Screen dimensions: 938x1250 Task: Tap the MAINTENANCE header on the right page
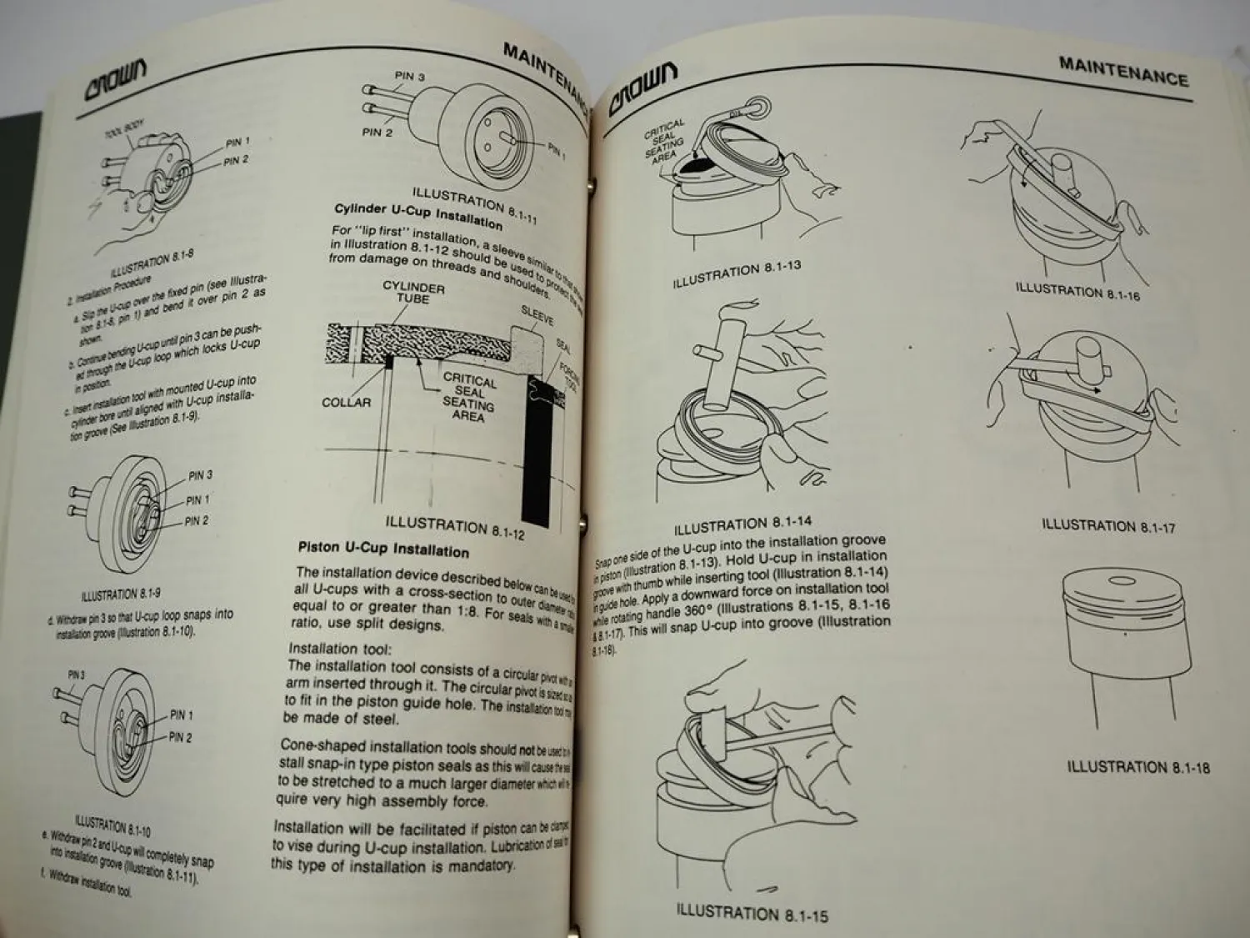click(x=1122, y=72)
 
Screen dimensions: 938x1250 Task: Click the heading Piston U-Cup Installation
click(x=383, y=549)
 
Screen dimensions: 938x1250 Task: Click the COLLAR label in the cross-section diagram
click(x=346, y=403)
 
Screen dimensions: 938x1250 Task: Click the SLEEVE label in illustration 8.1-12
click(x=537, y=316)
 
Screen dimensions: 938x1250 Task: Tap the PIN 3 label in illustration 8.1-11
click(x=409, y=77)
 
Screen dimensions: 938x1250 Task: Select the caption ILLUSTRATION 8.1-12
click(x=454, y=526)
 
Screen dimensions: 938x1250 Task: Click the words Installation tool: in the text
click(x=338, y=648)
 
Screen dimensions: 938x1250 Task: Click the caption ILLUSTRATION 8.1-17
click(x=1107, y=525)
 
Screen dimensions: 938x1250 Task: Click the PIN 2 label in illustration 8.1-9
click(x=196, y=521)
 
